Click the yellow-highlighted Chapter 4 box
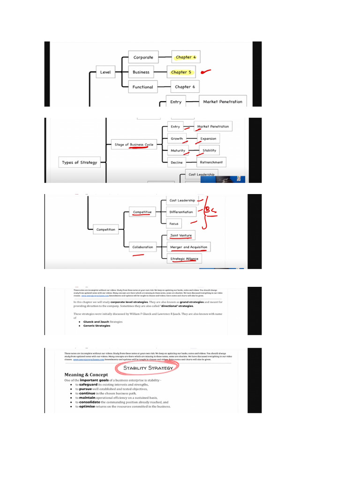186,57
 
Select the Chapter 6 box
185,87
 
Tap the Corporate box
143,57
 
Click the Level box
105,72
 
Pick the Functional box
142,87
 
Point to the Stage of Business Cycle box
134,144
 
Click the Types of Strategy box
80,163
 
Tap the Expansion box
208,139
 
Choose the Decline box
177,162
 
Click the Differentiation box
181,212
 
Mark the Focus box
174,224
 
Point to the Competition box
105,230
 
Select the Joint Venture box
180,235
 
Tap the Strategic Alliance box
184,259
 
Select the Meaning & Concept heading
86,375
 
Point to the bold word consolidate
89,402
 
